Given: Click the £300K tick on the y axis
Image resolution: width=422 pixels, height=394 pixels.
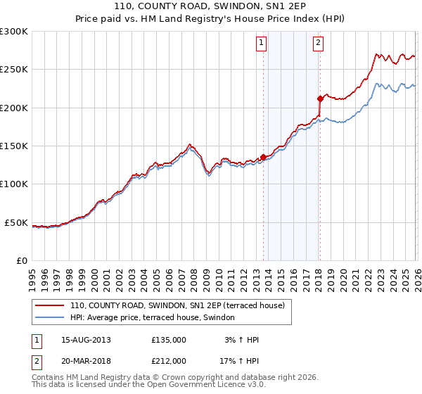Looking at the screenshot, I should point(14,32).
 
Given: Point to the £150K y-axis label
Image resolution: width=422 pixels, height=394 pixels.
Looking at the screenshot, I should point(14,146).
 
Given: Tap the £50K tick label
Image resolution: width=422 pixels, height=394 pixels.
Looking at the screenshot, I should point(16,223).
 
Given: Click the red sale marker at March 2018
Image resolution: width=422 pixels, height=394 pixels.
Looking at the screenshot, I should point(320,99).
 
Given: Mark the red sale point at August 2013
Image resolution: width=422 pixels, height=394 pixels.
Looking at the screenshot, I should point(263,157).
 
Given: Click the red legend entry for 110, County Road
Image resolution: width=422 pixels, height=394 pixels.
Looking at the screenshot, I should point(177,306).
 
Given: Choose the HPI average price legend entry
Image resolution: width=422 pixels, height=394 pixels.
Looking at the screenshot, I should point(156,318).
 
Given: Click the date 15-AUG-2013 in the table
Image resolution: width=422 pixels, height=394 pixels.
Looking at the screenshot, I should point(86,340).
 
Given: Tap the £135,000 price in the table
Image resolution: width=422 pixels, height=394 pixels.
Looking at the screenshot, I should point(169,340).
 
